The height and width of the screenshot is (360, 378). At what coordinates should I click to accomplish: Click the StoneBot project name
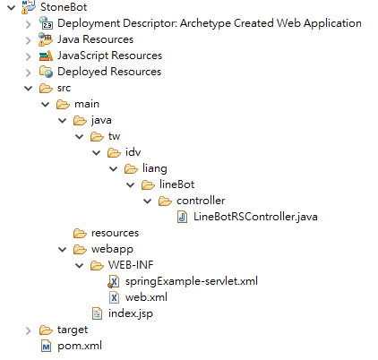(x=64, y=7)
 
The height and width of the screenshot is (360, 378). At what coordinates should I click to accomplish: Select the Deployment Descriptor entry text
(x=210, y=23)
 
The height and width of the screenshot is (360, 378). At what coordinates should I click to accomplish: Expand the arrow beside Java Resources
(x=29, y=39)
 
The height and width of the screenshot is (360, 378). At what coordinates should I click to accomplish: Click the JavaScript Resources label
(x=109, y=56)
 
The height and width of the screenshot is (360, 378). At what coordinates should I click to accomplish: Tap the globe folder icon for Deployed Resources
(x=46, y=72)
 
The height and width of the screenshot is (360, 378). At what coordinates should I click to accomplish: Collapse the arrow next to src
(x=29, y=88)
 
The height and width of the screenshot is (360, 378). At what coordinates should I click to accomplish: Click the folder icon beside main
(x=63, y=104)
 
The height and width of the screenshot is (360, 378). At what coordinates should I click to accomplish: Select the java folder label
(x=101, y=120)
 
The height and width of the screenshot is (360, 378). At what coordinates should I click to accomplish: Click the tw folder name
(x=114, y=136)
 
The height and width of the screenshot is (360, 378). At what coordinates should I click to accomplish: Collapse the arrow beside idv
(x=97, y=152)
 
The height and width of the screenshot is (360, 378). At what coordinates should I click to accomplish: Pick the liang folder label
(x=154, y=168)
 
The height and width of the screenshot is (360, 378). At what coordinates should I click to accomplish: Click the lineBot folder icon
(x=148, y=184)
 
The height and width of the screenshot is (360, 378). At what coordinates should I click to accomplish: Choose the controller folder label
(x=201, y=201)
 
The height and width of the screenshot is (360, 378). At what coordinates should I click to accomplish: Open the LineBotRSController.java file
(x=255, y=217)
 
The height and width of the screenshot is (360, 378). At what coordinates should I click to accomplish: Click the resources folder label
(x=115, y=233)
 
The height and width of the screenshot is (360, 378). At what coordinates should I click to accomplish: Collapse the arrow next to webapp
(x=63, y=249)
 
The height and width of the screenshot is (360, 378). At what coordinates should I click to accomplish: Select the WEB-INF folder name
(x=131, y=265)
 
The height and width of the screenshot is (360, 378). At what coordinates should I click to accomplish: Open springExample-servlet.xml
(x=192, y=281)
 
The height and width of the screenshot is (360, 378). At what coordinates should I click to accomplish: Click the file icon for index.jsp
(x=97, y=313)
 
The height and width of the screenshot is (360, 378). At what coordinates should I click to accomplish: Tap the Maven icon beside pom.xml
(x=46, y=346)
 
